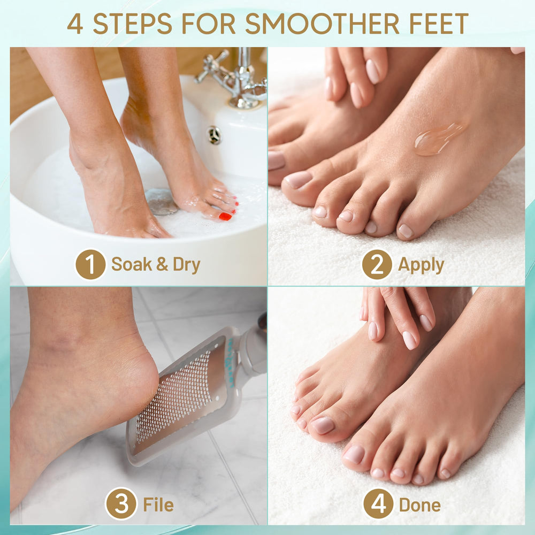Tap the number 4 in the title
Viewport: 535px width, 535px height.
click(75, 24)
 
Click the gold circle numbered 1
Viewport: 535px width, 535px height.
click(90, 264)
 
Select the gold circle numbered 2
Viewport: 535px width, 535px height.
click(377, 264)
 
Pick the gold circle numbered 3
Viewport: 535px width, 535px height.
click(121, 504)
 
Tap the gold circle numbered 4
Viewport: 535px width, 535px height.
click(378, 504)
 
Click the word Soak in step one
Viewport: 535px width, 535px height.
click(129, 265)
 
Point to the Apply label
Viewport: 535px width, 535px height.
click(421, 265)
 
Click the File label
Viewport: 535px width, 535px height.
click(158, 505)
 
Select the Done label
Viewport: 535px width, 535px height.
click(419, 505)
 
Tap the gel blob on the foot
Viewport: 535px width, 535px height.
click(438, 139)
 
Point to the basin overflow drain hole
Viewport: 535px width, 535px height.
click(214, 135)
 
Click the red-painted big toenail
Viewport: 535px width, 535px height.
click(225, 216)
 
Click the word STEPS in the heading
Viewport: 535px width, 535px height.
click(132, 24)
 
